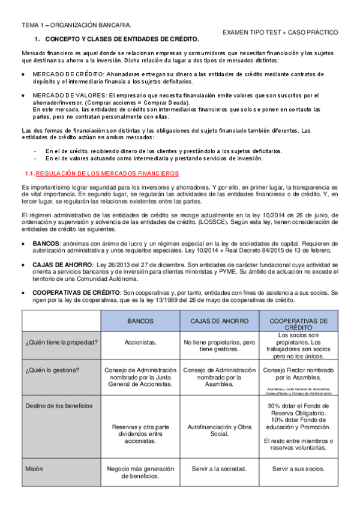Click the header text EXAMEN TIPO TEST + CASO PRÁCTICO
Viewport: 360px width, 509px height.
pos(280,32)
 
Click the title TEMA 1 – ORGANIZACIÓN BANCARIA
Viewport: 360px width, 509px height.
pos(77,25)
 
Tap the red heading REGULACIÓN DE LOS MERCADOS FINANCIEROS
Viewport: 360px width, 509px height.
pos(107,173)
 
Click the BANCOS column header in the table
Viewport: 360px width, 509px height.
pos(140,321)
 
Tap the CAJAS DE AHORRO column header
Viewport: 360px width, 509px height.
pos(219,321)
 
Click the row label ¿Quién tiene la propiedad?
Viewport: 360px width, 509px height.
pos(62,342)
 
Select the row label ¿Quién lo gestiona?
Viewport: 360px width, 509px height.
pos(52,370)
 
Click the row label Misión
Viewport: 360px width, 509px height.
pos(34,468)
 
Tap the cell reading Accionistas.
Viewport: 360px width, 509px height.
pos(140,342)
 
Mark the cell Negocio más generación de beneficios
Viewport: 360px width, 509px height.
pos(140,472)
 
